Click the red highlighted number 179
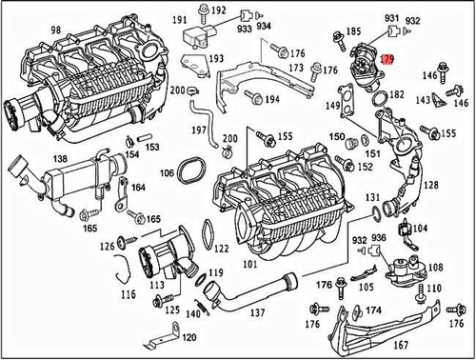click(387, 58)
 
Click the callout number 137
click(257, 311)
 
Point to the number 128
click(431, 186)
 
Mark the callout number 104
click(421, 230)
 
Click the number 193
click(216, 58)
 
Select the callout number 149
click(333, 106)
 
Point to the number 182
click(395, 97)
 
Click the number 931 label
click(391, 17)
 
